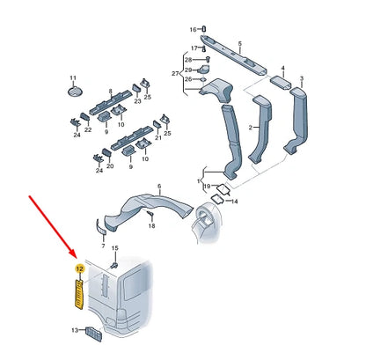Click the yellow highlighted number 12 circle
pyautogui.click(x=80, y=268)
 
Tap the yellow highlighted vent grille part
pyautogui.click(x=79, y=294)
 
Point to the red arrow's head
pyautogui.click(x=74, y=254)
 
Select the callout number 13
pyautogui.click(x=75, y=330)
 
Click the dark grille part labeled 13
pyautogui.click(x=93, y=334)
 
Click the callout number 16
pyautogui.click(x=193, y=30)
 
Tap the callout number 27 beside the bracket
pyautogui.click(x=175, y=74)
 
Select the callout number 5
pyautogui.click(x=240, y=44)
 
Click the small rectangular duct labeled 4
pyautogui.click(x=281, y=83)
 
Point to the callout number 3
pyautogui.click(x=302, y=78)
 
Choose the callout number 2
pyautogui.click(x=250, y=128)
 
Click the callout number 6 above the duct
pyautogui.click(x=159, y=187)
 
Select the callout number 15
pyautogui.click(x=115, y=248)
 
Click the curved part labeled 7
pyautogui.click(x=100, y=227)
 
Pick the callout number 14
pyautogui.click(x=234, y=202)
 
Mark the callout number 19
pyautogui.click(x=207, y=187)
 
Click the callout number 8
pyautogui.click(x=110, y=92)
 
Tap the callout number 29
pyautogui.click(x=188, y=70)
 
